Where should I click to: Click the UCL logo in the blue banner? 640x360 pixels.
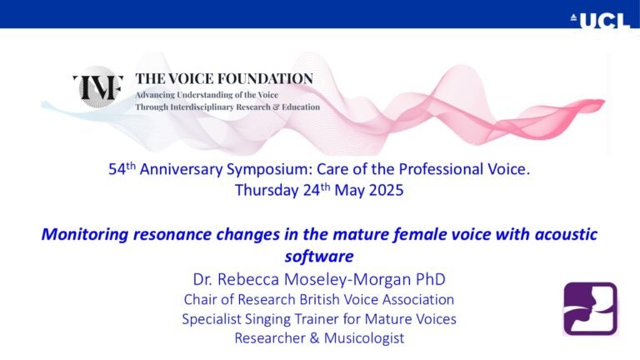[x=600, y=20]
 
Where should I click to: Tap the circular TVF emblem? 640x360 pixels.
[x=98, y=87]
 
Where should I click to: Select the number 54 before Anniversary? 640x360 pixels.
[x=117, y=169]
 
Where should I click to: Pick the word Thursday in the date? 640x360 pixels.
[x=267, y=190]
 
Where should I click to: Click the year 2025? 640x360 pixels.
[x=386, y=190]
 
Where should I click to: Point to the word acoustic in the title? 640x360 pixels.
[x=566, y=234]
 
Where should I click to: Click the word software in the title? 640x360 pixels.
[x=319, y=257]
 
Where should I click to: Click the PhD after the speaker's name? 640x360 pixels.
[x=431, y=279]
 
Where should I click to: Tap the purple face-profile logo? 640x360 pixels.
[x=590, y=309]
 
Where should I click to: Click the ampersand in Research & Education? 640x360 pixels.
[x=276, y=107]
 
